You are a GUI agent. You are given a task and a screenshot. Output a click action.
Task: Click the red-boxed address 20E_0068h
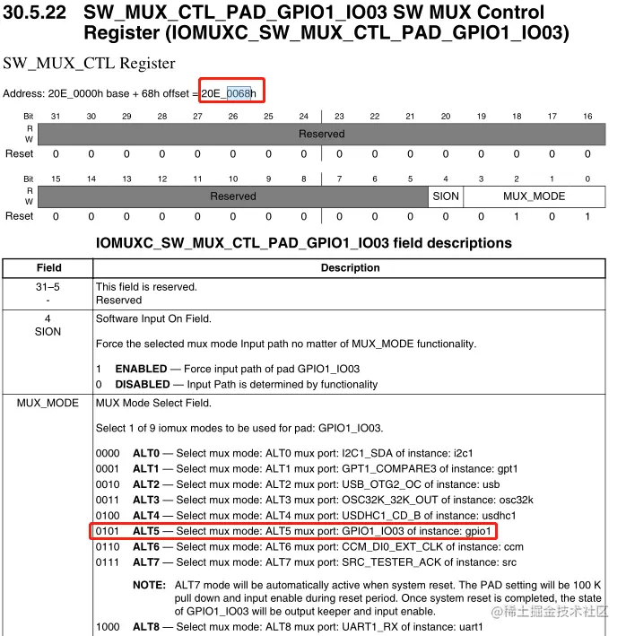[x=229, y=93]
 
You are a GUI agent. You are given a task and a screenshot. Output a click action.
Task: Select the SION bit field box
[x=446, y=196]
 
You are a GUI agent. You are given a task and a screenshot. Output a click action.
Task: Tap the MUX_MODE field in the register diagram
[x=534, y=196]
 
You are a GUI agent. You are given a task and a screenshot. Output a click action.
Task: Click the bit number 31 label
[x=56, y=117]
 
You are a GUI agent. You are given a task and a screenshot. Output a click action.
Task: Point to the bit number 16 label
[x=587, y=117]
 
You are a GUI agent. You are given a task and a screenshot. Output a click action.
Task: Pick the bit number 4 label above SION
[x=446, y=179]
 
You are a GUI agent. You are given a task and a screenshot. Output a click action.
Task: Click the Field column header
[x=48, y=267]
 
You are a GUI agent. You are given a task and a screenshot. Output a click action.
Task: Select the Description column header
[x=350, y=267]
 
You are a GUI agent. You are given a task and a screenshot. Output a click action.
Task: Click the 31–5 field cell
[x=48, y=287]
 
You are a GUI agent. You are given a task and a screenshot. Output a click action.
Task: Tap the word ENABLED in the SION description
[x=141, y=369]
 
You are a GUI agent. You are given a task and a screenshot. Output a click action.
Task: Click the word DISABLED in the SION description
[x=143, y=384]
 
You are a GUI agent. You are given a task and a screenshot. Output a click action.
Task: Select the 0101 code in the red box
[x=108, y=530]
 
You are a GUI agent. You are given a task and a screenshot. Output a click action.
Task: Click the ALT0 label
[x=146, y=453]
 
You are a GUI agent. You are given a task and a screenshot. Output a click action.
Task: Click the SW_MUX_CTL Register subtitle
[x=89, y=64]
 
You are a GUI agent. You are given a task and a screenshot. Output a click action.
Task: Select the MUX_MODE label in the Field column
[x=48, y=404]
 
